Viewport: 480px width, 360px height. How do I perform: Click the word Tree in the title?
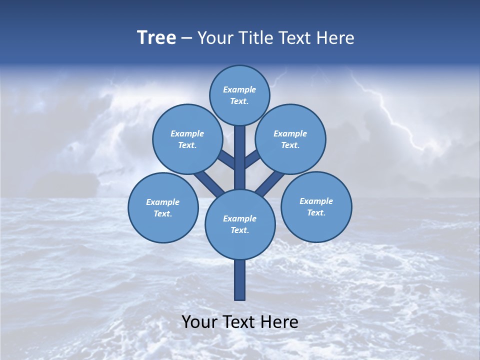tap(156, 37)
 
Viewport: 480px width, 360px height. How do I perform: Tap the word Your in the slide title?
tap(215, 38)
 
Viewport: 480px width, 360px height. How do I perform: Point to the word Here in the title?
tap(337, 38)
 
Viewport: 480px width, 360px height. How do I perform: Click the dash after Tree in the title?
tap(187, 38)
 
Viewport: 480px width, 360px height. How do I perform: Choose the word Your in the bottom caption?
tap(200, 322)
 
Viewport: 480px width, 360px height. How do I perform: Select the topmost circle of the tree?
tap(239, 95)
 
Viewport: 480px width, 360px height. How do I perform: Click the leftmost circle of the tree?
tap(163, 208)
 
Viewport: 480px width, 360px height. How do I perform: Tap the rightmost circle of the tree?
tap(316, 207)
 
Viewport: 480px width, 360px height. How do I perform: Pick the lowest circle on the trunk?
tap(240, 224)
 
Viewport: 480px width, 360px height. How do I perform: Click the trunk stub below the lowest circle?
tap(240, 280)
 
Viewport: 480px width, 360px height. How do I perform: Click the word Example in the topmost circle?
tap(239, 90)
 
